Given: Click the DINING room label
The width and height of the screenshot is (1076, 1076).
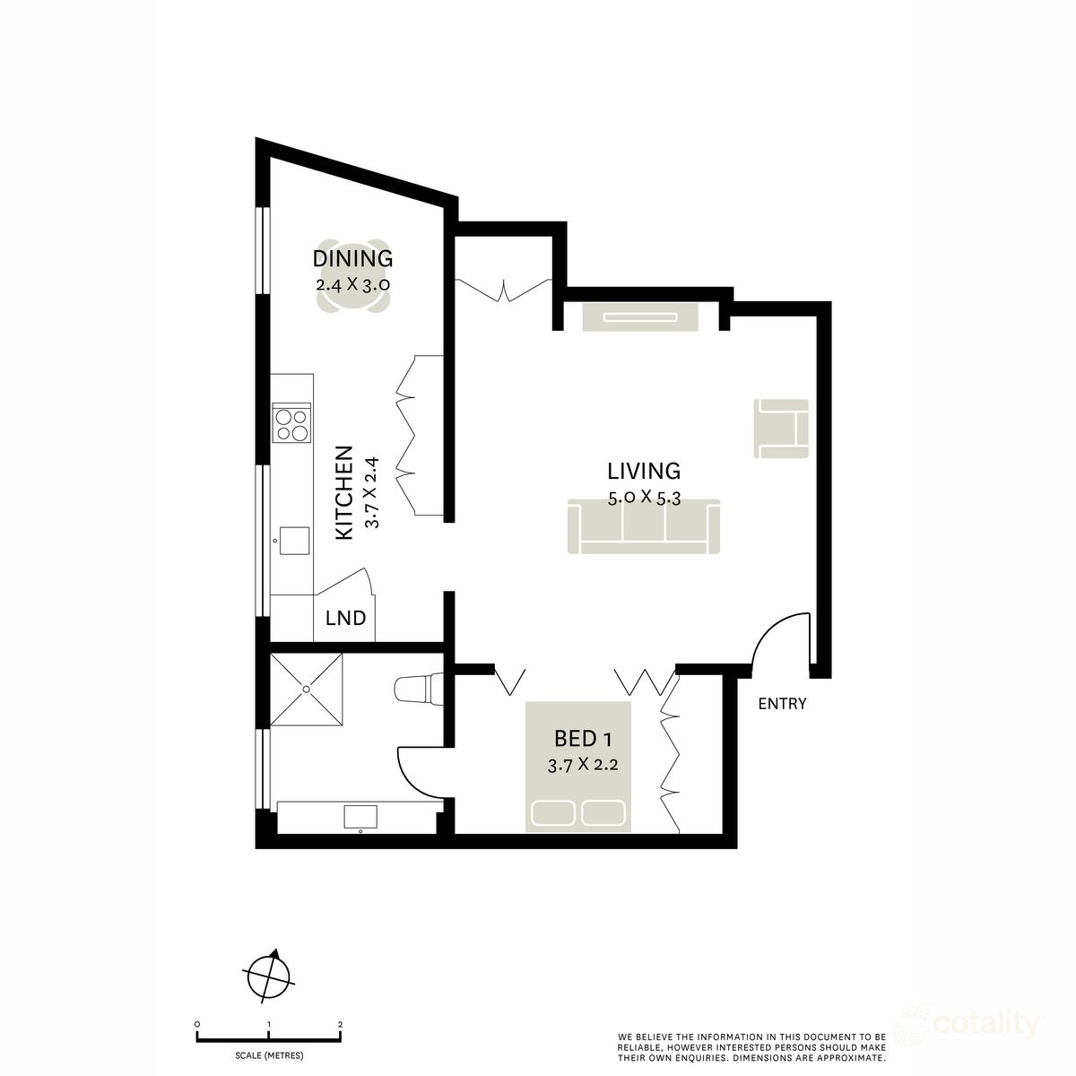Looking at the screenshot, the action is (x=352, y=259).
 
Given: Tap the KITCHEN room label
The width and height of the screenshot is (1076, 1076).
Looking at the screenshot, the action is (x=344, y=493).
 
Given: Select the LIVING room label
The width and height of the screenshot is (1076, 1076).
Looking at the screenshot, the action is (x=644, y=472).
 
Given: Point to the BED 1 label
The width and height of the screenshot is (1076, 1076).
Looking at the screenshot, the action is (x=583, y=739).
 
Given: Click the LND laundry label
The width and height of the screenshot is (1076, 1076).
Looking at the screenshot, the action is (x=345, y=618).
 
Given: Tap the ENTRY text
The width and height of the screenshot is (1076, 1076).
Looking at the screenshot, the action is (x=782, y=704).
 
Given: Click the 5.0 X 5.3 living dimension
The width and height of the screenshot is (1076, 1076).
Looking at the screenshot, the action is (x=644, y=498).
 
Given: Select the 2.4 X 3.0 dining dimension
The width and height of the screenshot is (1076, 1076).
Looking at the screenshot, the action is (x=352, y=284).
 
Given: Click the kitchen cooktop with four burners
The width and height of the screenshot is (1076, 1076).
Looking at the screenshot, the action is (x=291, y=422).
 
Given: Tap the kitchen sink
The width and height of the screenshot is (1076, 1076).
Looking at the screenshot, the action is (x=294, y=541).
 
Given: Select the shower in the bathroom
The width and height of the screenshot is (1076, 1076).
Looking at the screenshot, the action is (x=306, y=690).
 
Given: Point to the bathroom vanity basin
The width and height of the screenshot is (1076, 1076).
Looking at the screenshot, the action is (x=360, y=816).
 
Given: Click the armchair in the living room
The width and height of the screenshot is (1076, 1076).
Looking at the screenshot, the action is (x=781, y=429).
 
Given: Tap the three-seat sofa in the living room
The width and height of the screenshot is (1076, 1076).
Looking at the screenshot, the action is (x=644, y=526).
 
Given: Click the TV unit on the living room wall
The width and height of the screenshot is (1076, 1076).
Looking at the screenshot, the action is (x=640, y=317).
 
